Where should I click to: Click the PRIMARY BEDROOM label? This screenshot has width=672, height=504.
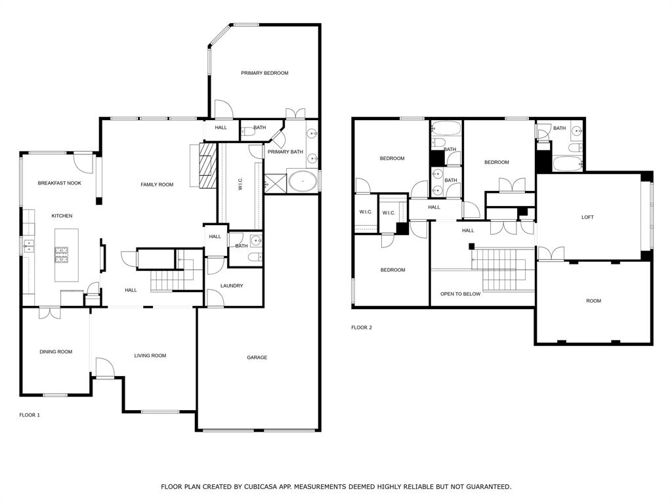pyautogui.click(x=264, y=73)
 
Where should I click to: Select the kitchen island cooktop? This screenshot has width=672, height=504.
pyautogui.click(x=61, y=255)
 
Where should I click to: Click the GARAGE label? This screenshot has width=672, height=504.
pyautogui.click(x=257, y=358)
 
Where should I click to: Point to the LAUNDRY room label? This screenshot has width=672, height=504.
pyautogui.click(x=232, y=285)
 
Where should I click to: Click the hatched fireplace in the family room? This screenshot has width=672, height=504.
pyautogui.click(x=207, y=165)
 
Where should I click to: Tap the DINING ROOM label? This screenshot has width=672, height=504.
pyautogui.click(x=56, y=352)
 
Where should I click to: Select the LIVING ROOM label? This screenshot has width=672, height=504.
pyautogui.click(x=150, y=356)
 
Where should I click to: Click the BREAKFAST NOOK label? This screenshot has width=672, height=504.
pyautogui.click(x=60, y=183)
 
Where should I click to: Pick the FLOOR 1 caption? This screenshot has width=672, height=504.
pyautogui.click(x=30, y=415)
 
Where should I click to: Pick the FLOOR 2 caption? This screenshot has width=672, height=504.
pyautogui.click(x=362, y=327)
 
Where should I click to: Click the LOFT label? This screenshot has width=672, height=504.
pyautogui.click(x=587, y=217)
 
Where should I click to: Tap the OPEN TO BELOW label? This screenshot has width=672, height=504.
pyautogui.click(x=460, y=294)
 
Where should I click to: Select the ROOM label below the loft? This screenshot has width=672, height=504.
pyautogui.click(x=593, y=301)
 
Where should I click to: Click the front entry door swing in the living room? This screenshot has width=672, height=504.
pyautogui.click(x=104, y=367)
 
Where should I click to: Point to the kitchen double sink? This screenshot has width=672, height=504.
pyautogui.click(x=28, y=247)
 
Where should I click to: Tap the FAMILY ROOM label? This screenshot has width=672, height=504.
pyautogui.click(x=157, y=184)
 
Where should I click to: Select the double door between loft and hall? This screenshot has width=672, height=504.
pyautogui.click(x=550, y=253)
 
